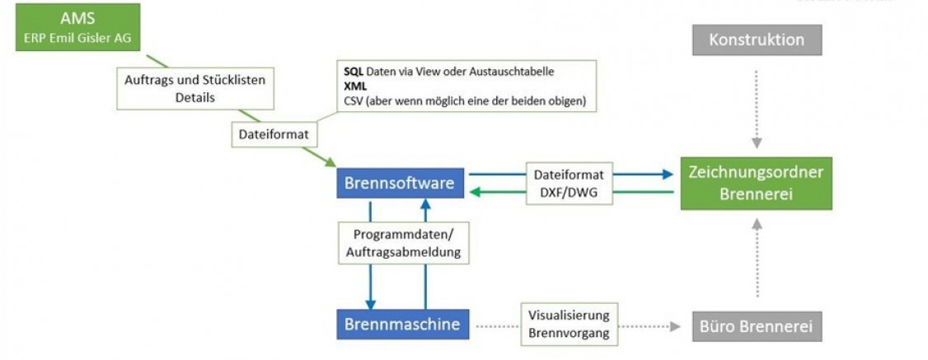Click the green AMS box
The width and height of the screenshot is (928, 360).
[77, 27]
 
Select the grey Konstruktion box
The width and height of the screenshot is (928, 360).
[757, 40]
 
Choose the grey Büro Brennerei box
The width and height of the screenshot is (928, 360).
[757, 325]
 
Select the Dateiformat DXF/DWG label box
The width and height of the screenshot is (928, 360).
[569, 183]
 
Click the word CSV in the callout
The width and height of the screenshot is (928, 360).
[354, 101]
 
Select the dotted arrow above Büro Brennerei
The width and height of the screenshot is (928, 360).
[757, 259]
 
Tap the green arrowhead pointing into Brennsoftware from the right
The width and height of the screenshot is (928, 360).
[476, 193]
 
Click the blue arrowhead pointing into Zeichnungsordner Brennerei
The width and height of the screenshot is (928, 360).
[667, 174]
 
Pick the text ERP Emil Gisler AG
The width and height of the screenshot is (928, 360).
[77, 36]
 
